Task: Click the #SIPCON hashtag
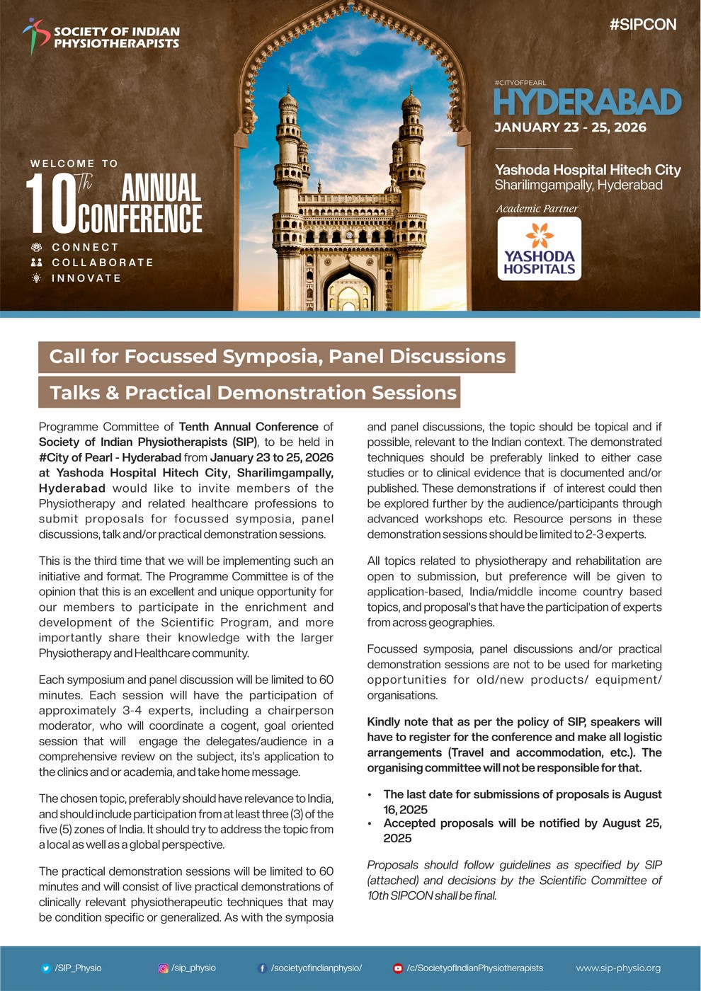pyautogui.click(x=642, y=25)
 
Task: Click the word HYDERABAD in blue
pyautogui.click(x=587, y=103)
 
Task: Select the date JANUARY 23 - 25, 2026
pyautogui.click(x=570, y=127)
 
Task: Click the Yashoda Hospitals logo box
pyautogui.click(x=540, y=248)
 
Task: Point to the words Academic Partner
pyautogui.click(x=537, y=209)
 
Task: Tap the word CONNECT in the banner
pyautogui.click(x=85, y=247)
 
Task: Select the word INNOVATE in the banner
pyautogui.click(x=86, y=278)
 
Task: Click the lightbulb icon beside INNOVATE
pyautogui.click(x=37, y=278)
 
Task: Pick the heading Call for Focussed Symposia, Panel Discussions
pyautogui.click(x=277, y=357)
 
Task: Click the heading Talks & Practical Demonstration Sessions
pyautogui.click(x=253, y=393)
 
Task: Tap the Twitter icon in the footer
pyautogui.click(x=46, y=968)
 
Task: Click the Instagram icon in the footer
pyautogui.click(x=163, y=968)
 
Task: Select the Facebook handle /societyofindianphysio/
pyautogui.click(x=316, y=968)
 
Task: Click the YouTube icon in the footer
pyautogui.click(x=398, y=968)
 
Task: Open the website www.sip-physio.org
pyautogui.click(x=618, y=968)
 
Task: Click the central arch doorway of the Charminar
pyautogui.click(x=349, y=294)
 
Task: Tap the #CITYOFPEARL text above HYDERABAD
pyautogui.click(x=520, y=83)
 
